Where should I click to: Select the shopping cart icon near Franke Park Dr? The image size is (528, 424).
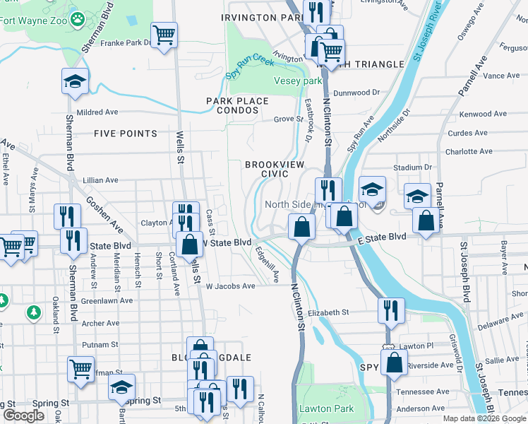click(x=164, y=35)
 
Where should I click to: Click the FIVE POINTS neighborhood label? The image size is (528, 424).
click(x=125, y=134)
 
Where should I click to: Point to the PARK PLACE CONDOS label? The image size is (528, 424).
click(x=237, y=105)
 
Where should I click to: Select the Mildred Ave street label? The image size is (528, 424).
click(x=97, y=112)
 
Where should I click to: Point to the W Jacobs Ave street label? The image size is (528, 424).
click(x=230, y=286)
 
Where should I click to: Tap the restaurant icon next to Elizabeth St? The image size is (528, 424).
click(x=390, y=310)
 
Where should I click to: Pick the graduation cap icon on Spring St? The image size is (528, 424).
click(x=121, y=387)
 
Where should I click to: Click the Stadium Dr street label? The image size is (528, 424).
click(x=412, y=167)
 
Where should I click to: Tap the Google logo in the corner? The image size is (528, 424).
click(x=23, y=416)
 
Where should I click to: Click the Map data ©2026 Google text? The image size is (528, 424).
click(x=484, y=418)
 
